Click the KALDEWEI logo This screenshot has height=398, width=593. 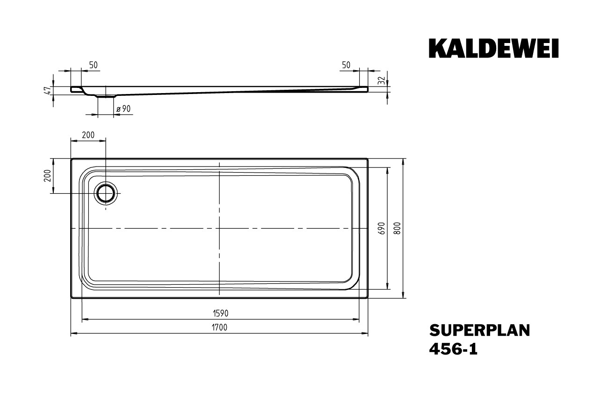[494, 48]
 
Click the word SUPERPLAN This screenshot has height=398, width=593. [479, 331]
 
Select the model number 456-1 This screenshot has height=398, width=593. [453, 349]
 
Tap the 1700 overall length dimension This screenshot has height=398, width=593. [219, 327]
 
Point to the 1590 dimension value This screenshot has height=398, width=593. [221, 313]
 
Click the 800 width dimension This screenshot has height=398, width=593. [397, 228]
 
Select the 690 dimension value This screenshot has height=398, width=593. [382, 228]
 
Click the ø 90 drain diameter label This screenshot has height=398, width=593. [123, 109]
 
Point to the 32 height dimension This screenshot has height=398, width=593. [382, 80]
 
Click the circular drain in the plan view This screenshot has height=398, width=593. [106, 193]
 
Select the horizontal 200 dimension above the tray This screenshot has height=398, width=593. [88, 135]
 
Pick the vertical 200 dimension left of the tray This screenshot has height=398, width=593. [47, 176]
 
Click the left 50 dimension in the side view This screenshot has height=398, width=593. [94, 65]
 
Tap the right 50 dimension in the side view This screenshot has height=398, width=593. [346, 65]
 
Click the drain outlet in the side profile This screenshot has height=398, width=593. [106, 96]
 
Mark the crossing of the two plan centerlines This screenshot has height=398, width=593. [219, 228]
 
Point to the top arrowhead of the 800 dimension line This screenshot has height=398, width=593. [403, 161]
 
